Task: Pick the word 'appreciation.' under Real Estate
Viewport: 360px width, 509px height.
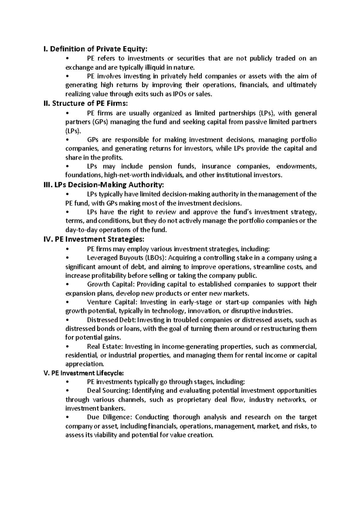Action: point(85,365)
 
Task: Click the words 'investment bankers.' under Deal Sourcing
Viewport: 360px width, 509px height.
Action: point(96,409)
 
